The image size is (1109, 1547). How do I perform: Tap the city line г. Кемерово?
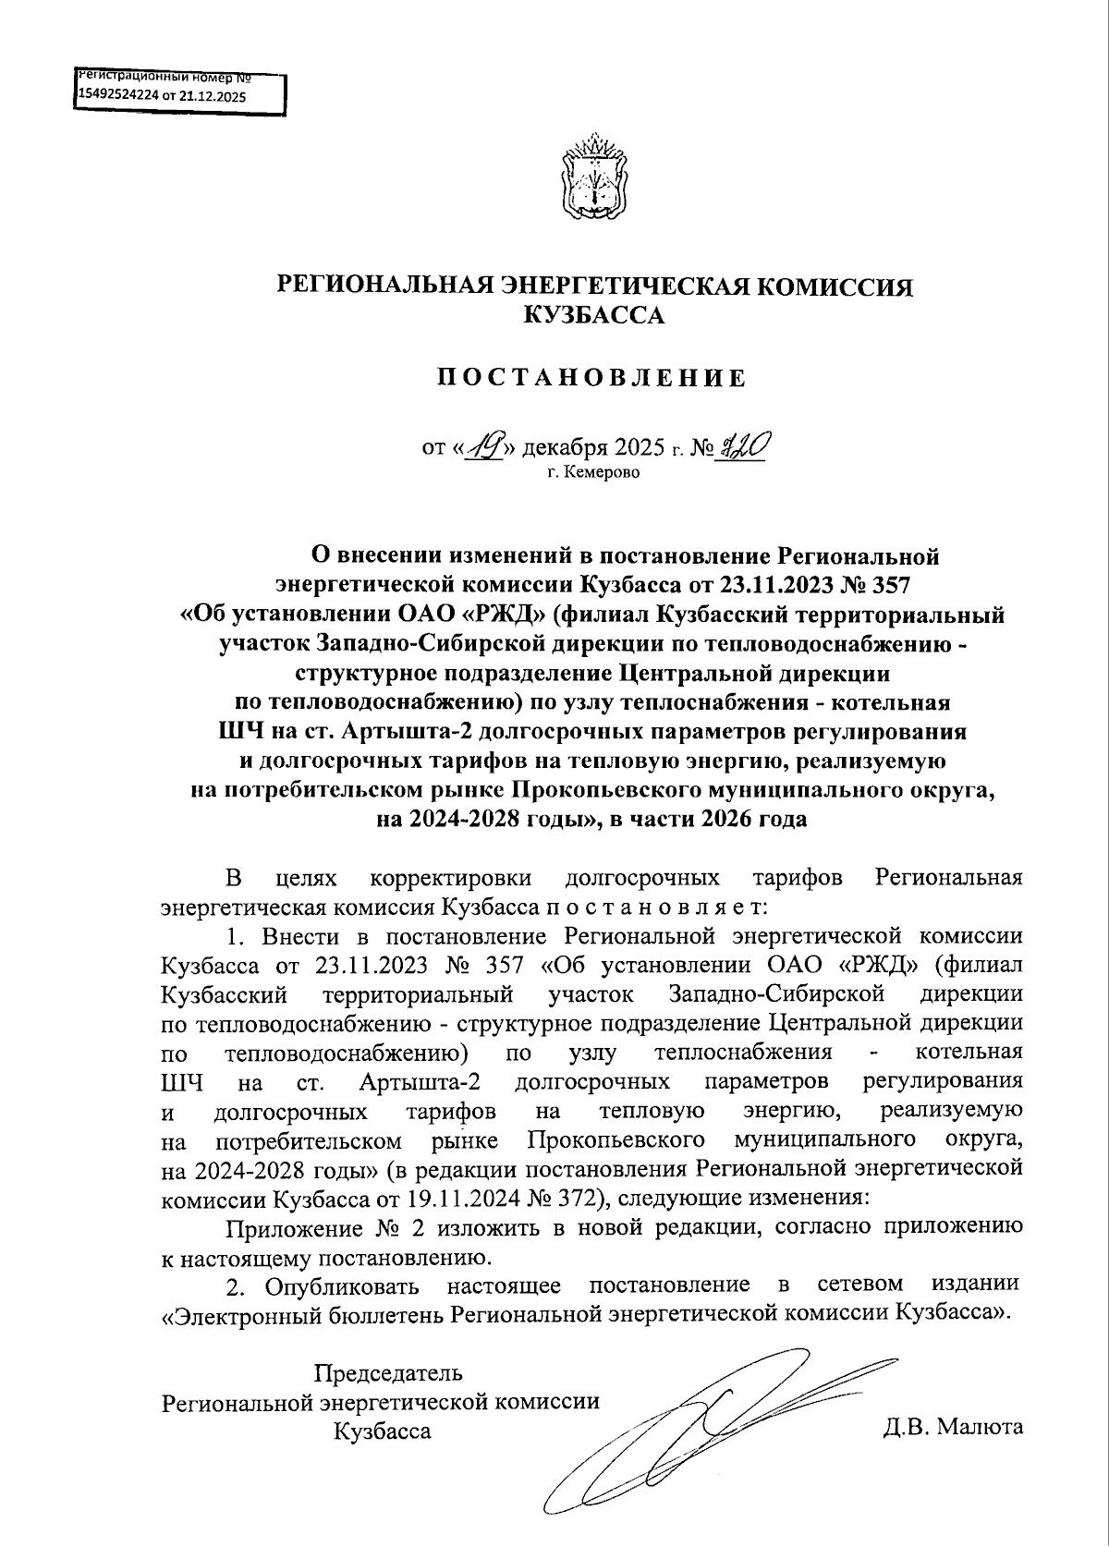point(592,473)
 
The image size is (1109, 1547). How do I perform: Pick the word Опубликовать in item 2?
point(342,1285)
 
